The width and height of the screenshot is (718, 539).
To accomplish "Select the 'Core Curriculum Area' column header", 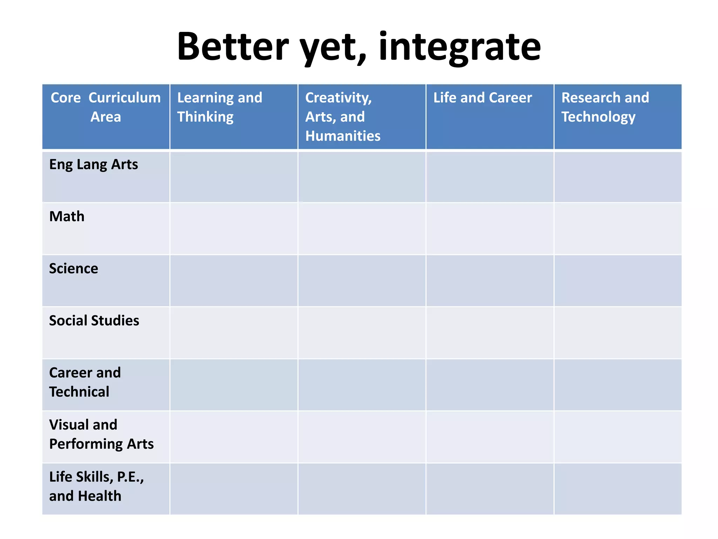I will point(106,107).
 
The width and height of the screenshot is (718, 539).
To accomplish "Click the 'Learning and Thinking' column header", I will point(219,107).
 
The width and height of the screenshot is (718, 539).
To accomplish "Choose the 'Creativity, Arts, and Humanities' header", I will point(343,117).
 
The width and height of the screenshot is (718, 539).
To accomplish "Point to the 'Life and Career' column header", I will point(482,98).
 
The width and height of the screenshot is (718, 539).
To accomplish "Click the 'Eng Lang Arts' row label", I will point(94,165).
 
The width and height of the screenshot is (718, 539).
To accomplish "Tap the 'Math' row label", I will point(67,217).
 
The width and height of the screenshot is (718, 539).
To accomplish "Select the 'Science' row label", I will point(74,269).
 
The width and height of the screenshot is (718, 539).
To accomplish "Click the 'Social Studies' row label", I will point(94,321).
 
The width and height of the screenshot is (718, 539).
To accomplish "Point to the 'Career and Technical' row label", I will point(85,382).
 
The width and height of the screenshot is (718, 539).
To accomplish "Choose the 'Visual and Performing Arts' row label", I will point(101,434).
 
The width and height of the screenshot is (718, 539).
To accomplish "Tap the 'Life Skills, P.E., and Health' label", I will point(96,486).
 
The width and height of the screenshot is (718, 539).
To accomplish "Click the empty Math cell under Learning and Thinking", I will point(234,229).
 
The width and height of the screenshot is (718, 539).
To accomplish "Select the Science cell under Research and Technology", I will point(618,281).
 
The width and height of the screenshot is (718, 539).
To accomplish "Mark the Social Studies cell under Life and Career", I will point(490,333).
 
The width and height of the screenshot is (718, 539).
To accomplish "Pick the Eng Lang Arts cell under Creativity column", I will point(362,177).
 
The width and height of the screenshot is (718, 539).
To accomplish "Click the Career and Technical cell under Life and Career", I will point(490,385).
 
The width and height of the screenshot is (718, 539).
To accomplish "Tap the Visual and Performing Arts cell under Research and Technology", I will point(618,437).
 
